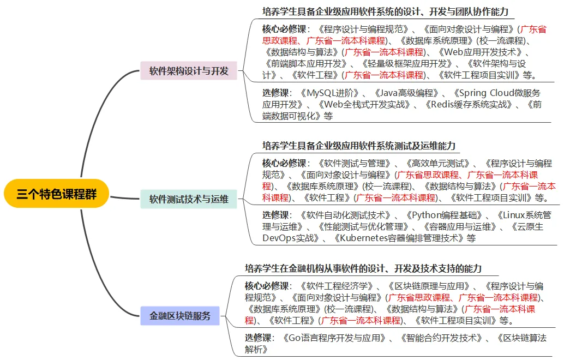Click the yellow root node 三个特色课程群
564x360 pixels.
(x=56, y=194)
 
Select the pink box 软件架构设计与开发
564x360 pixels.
(x=189, y=70)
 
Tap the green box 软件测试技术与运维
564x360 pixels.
(x=189, y=199)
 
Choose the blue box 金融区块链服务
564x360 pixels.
(x=180, y=316)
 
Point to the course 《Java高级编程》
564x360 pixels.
(x=406, y=93)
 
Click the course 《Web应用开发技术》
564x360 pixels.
(x=480, y=52)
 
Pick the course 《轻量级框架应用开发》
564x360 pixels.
(x=407, y=64)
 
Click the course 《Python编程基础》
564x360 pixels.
(x=443, y=215)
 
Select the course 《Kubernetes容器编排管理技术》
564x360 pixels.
(x=399, y=238)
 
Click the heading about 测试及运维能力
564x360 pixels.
(x=358, y=146)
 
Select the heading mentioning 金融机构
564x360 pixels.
(x=363, y=269)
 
